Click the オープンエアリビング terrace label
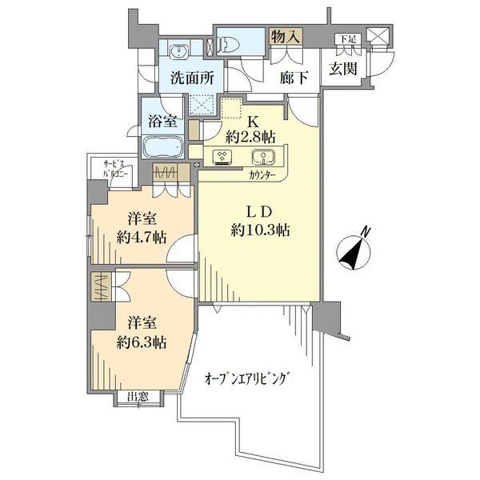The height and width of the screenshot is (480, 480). pyautogui.click(x=247, y=378)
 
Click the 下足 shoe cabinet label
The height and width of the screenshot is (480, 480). pyautogui.click(x=345, y=38)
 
